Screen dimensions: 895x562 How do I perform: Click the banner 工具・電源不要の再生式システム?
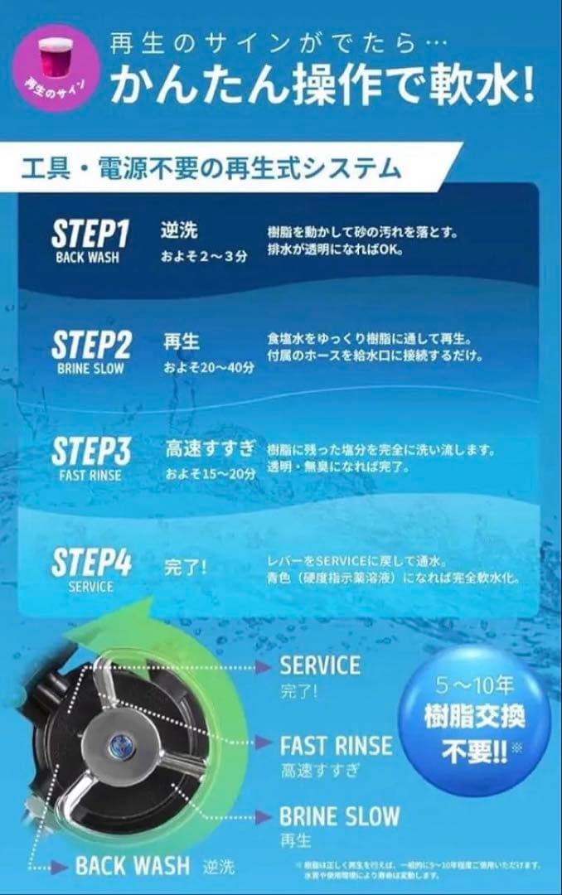click(211, 169)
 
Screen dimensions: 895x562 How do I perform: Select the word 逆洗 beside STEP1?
click(179, 230)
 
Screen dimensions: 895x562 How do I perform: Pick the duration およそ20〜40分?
click(208, 366)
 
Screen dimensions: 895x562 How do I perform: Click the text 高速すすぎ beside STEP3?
click(210, 450)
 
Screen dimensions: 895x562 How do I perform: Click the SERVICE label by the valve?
click(320, 665)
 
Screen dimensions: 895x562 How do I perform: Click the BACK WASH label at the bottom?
click(132, 866)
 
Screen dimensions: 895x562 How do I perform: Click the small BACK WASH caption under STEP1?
click(87, 257)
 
